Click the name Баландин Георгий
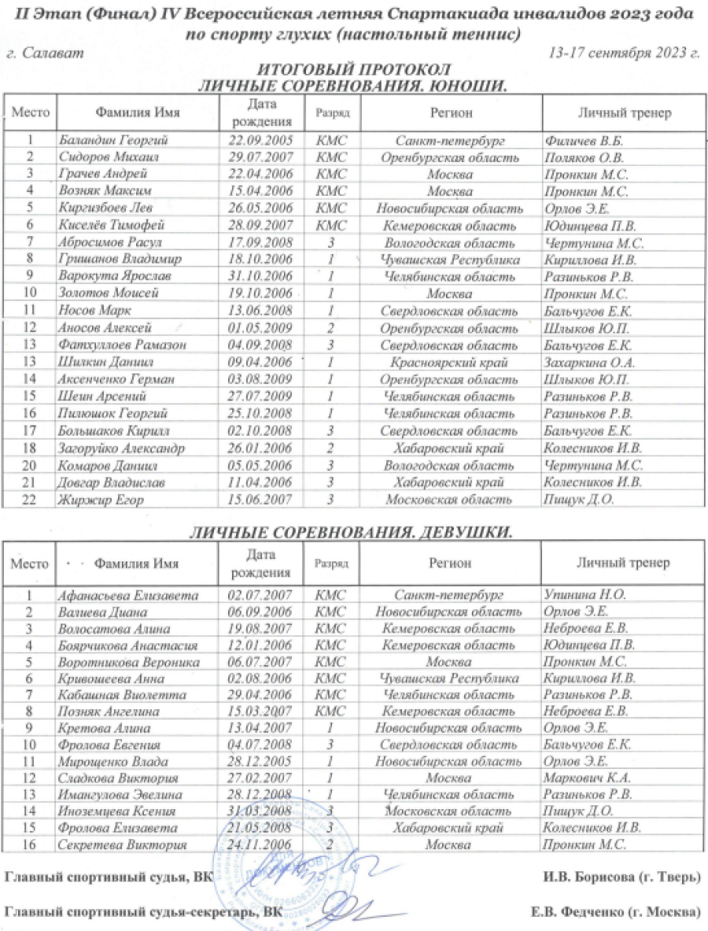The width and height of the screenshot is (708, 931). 106,141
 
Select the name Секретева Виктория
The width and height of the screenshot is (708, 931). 122,845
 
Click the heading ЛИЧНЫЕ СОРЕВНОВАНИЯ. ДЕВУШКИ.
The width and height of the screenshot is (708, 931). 352,532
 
